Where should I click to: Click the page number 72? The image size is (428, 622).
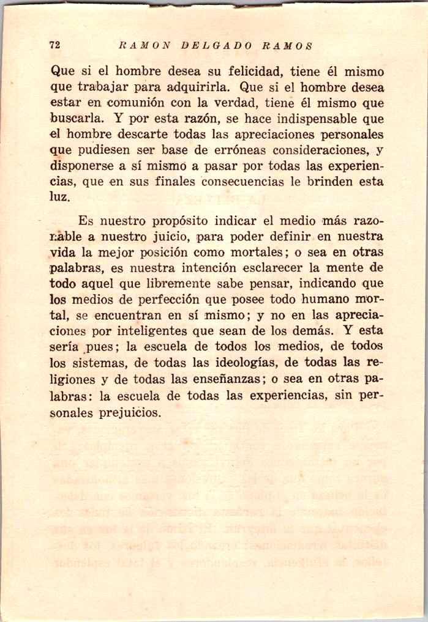coord(54,45)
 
